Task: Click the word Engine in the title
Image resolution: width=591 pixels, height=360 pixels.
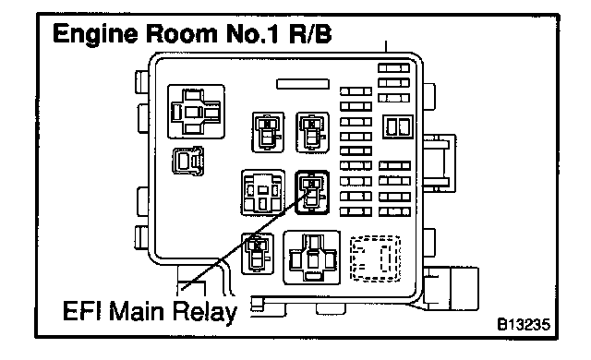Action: (x=96, y=34)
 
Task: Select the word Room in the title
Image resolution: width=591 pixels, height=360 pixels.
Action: (x=182, y=33)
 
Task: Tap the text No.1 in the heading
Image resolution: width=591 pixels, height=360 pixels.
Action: (x=253, y=33)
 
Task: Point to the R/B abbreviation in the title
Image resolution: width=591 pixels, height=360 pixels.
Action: (x=310, y=33)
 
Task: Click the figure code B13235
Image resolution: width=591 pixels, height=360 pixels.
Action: (x=524, y=324)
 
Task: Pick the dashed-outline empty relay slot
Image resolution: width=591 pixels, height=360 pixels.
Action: (x=375, y=258)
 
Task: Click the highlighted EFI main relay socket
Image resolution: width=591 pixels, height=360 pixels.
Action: (x=312, y=192)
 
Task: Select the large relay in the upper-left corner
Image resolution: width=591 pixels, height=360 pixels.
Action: (x=196, y=112)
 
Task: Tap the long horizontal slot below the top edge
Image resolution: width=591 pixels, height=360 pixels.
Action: (x=303, y=84)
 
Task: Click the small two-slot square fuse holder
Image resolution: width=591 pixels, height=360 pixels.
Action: (x=398, y=126)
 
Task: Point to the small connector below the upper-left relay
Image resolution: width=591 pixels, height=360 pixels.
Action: (x=188, y=162)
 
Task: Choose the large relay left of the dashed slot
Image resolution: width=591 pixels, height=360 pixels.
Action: (x=312, y=258)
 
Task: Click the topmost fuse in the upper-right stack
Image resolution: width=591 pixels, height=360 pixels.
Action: (x=394, y=67)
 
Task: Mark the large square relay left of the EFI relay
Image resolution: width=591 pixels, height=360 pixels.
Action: (x=263, y=192)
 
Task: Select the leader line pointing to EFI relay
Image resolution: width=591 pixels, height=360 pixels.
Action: (x=246, y=239)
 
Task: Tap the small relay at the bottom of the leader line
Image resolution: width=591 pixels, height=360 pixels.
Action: (x=258, y=254)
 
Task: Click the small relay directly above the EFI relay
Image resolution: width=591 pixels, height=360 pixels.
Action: (x=312, y=132)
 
